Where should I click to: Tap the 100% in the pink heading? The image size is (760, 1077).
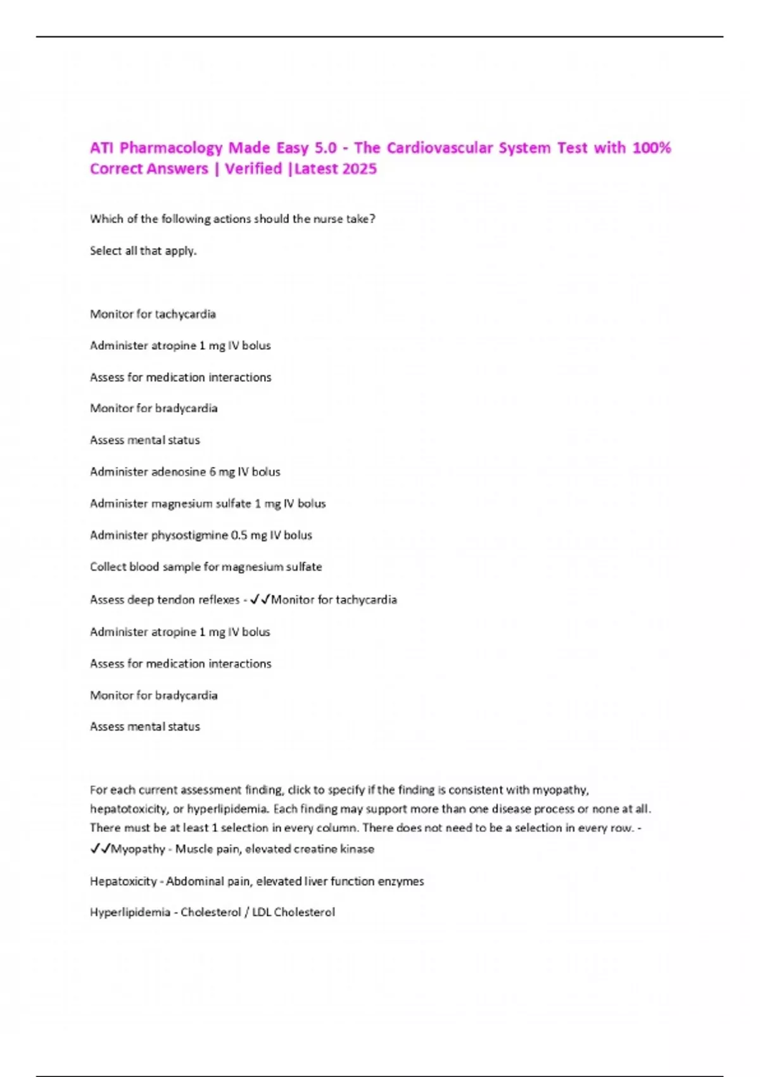pyautogui.click(x=652, y=148)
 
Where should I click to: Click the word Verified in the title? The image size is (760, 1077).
pyautogui.click(x=253, y=169)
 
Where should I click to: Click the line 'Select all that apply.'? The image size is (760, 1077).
pyautogui.click(x=143, y=251)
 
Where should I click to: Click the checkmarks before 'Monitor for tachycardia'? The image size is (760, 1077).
pyautogui.click(x=260, y=599)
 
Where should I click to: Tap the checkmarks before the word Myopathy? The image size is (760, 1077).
pyautogui.click(x=100, y=849)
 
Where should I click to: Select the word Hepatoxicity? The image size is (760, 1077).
pyautogui.click(x=123, y=881)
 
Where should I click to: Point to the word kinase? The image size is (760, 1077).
pyautogui.click(x=357, y=849)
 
